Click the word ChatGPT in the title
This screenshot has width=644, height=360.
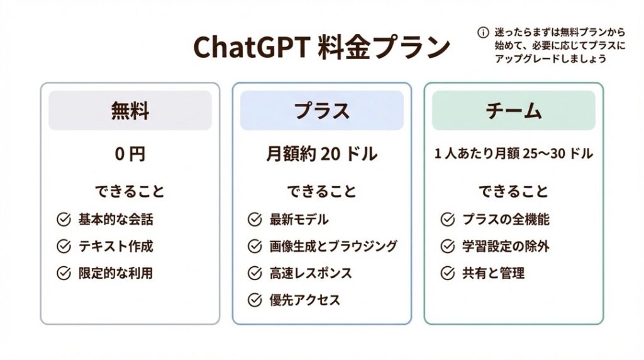coord(251,47)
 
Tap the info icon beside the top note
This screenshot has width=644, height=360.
coord(483,33)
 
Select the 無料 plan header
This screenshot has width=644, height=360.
coord(130,111)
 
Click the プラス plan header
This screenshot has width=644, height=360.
coord(322,111)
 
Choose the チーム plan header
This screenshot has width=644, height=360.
coord(513,111)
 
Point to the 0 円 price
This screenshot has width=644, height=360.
coord(130,154)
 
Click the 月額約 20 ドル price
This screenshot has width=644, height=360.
coord(321,154)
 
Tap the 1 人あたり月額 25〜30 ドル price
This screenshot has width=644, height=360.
coord(513,154)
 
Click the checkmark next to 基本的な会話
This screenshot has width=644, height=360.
coord(64,220)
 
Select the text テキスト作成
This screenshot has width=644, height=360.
coord(116,246)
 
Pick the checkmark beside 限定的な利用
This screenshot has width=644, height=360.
coord(64,273)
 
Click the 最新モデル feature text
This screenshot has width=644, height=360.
coord(299,220)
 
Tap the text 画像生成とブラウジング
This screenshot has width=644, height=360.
coord(333,246)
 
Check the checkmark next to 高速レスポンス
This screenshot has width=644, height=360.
coord(255,273)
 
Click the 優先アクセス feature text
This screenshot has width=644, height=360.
coord(305,300)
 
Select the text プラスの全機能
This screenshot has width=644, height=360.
coord(506,220)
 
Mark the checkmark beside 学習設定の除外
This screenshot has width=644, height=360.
coord(447,246)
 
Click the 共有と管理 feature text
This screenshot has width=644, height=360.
coord(493,273)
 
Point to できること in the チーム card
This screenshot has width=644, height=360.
coord(513,191)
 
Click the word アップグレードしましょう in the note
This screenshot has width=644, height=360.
coord(550,59)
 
